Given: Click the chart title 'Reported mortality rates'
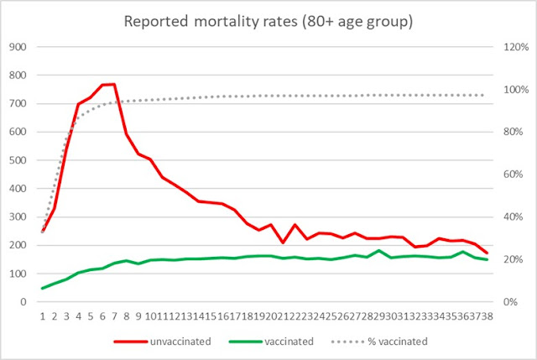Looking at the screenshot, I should (x=268, y=20).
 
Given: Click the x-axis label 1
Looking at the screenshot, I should (x=43, y=316).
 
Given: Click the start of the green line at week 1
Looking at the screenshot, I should (x=43, y=288).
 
